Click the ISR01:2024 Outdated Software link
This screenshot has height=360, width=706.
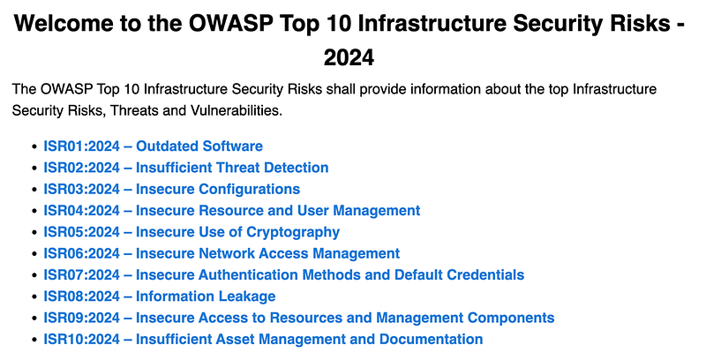coord(153,146)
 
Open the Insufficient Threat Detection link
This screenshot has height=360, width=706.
coord(186,168)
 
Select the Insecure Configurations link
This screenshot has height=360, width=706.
coord(171,189)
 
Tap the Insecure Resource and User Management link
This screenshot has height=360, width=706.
coord(232,211)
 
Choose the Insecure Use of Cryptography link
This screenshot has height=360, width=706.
coord(192,232)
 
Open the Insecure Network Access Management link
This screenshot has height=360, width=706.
coord(222,253)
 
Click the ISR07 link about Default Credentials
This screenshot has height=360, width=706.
coord(283,275)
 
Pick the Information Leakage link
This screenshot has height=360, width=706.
coord(160,296)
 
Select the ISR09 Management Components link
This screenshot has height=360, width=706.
coord(299,318)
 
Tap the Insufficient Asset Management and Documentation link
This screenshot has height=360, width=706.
coord(263,340)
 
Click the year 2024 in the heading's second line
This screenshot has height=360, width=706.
coord(349,58)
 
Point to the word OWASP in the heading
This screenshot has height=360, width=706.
coord(231,24)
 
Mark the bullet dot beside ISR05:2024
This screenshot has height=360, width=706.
coord(34,233)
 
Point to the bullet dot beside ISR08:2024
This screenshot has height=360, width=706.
coord(34,297)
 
